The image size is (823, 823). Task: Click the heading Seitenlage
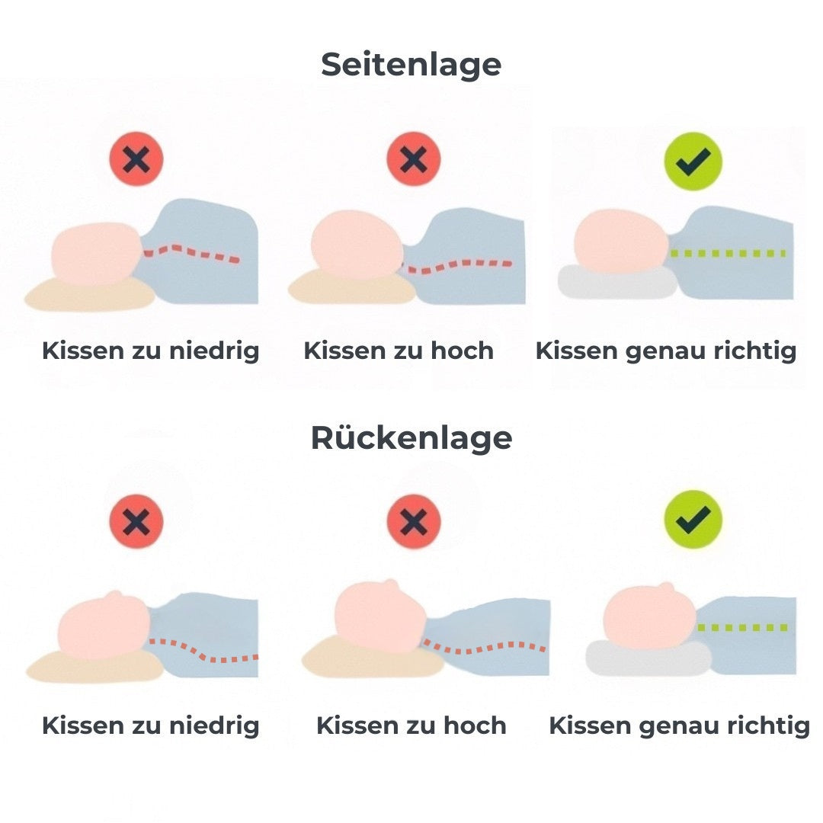point(411,65)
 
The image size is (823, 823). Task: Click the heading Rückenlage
point(411,438)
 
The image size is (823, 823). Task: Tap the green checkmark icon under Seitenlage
point(693,161)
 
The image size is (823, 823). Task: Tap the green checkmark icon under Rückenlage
point(693,518)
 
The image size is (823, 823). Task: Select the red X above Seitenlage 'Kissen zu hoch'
point(413,159)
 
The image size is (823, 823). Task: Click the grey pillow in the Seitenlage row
point(616,283)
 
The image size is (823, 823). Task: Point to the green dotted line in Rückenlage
point(743,628)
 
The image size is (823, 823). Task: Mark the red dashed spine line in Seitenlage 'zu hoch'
point(457,265)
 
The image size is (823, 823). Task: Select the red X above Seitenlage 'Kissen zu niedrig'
point(136,159)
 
